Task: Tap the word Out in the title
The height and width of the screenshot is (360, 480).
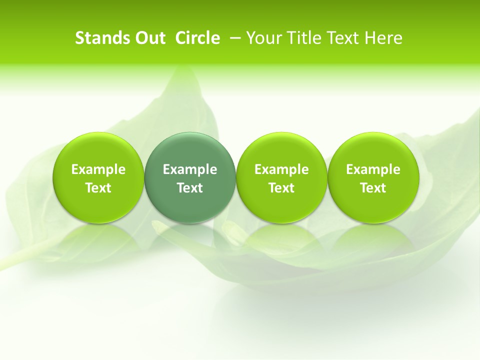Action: point(149,38)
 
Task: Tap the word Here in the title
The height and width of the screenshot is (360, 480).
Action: point(383,38)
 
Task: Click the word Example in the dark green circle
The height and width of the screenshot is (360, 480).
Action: point(190,169)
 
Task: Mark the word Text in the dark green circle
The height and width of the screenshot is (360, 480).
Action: point(190,188)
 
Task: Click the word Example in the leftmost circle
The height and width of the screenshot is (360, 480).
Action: point(98,169)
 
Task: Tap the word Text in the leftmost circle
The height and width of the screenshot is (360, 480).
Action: point(98,188)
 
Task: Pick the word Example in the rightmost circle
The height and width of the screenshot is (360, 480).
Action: point(373,169)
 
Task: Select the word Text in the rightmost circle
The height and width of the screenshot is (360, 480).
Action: point(373,188)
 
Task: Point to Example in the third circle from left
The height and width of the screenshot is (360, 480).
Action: point(281,169)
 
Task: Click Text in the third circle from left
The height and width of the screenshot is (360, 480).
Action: point(281,188)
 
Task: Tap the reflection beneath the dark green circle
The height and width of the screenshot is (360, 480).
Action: point(190,240)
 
